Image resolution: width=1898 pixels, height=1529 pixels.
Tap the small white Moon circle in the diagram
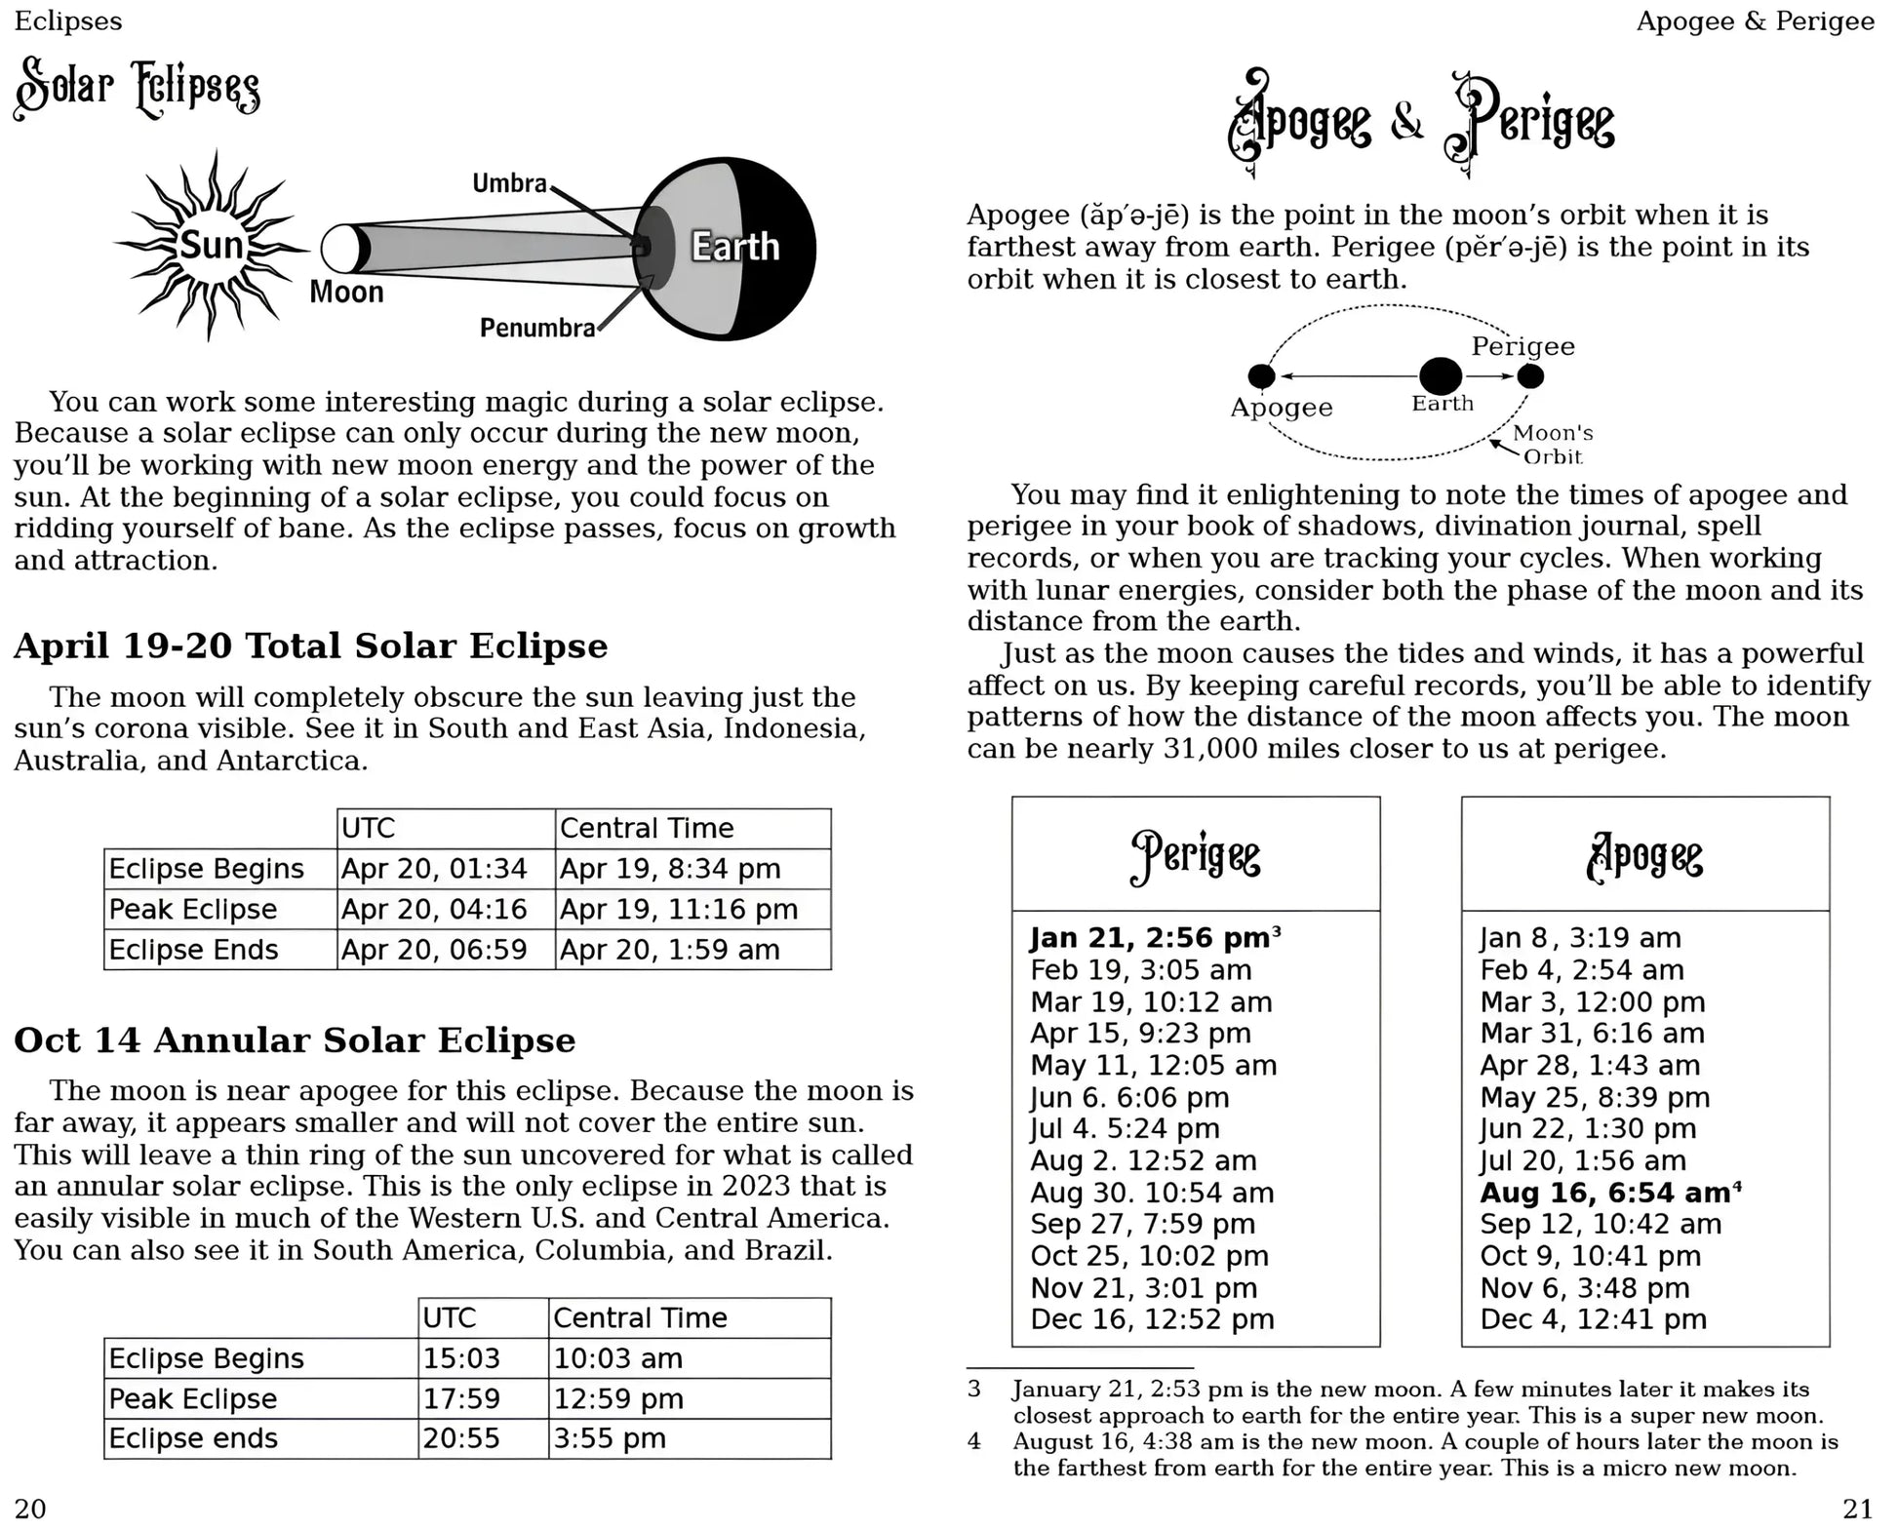click(x=338, y=249)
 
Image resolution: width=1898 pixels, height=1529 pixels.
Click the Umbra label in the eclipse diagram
click(x=509, y=183)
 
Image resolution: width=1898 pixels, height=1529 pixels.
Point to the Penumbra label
click(x=536, y=328)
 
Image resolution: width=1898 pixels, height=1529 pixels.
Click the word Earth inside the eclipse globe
click(x=735, y=247)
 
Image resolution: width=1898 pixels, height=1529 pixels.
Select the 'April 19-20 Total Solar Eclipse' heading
click(x=310, y=646)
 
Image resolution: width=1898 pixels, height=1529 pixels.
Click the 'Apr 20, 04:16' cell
click(x=434, y=909)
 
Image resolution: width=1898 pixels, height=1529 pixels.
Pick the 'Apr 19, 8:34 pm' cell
click(x=669, y=868)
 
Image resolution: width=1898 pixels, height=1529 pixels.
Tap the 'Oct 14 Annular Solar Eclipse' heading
click(x=295, y=1039)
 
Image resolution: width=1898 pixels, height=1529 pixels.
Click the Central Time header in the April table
click(x=646, y=828)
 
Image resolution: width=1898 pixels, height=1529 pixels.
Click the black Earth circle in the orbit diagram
click(x=1440, y=375)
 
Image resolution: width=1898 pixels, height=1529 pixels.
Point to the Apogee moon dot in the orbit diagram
click(x=1261, y=375)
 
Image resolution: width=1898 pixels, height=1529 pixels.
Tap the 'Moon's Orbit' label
click(x=1552, y=444)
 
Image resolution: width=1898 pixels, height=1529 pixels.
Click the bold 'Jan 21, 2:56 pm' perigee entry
click(x=1149, y=938)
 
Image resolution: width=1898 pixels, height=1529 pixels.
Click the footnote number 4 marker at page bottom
click(x=973, y=1441)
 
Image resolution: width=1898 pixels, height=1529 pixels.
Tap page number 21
click(x=1857, y=1509)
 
